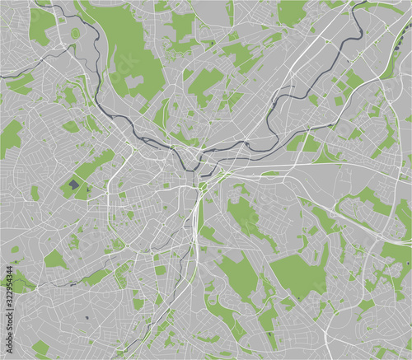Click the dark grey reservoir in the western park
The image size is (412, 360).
click(75, 185)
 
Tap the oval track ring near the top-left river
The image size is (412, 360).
click(75, 34)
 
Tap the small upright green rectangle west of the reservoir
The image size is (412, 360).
click(35, 192)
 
